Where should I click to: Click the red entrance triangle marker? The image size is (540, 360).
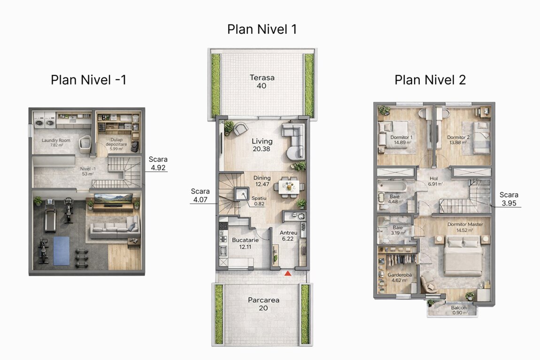tap(288, 273)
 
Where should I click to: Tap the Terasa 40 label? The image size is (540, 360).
tap(262, 82)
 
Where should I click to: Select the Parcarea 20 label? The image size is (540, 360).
tap(263, 304)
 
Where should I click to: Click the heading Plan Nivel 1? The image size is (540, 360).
tap(262, 29)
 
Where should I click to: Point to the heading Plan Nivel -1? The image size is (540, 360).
tap(88, 80)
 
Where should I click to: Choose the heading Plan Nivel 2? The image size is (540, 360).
tap(430, 80)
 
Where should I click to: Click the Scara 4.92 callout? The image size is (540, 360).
tap(158, 163)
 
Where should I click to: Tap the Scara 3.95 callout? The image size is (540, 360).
tap(509, 199)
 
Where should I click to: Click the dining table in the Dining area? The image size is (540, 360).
tap(289, 187)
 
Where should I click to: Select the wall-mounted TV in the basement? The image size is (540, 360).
tap(113, 198)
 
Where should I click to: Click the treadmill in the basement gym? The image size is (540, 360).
tap(50, 215)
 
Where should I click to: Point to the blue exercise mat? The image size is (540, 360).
tap(62, 251)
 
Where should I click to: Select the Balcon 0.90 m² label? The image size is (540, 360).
tap(459, 310)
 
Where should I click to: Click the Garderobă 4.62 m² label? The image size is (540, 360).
tap(400, 277)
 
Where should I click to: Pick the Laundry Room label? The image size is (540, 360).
tap(56, 140)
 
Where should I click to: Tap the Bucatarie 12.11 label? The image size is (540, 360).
tap(245, 243)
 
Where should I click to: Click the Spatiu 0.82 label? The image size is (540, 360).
tap(259, 201)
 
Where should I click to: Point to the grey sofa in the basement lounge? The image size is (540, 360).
tap(115, 228)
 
